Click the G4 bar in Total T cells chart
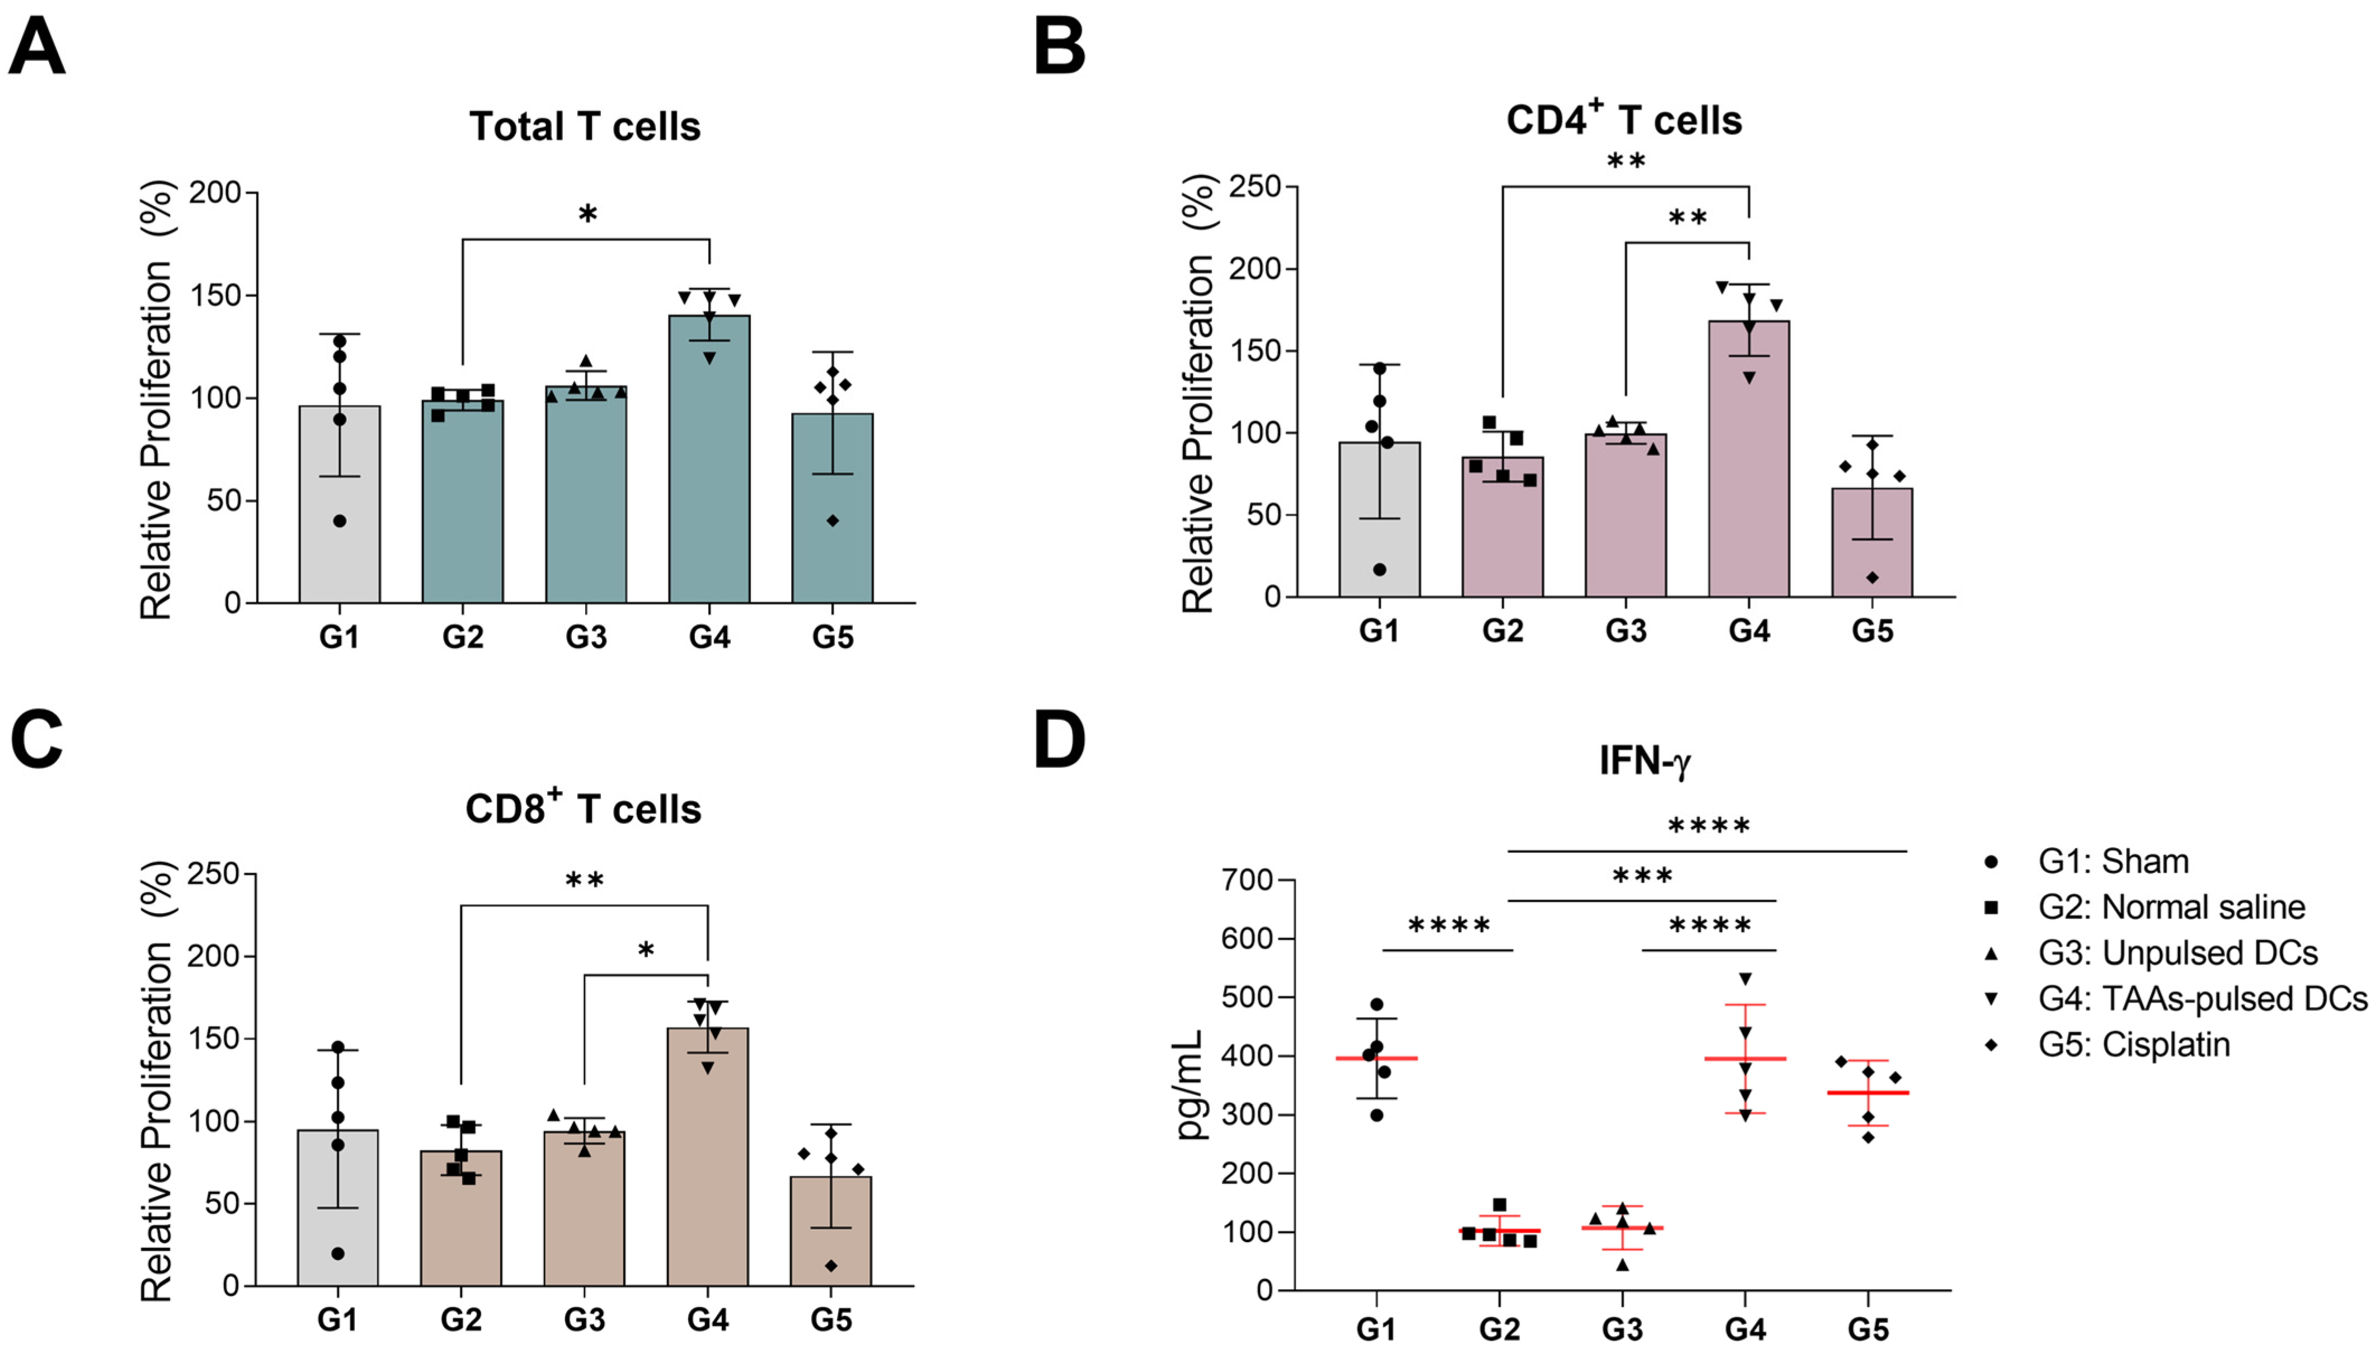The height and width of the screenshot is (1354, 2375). (709, 465)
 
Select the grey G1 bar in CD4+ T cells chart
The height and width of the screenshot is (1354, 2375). (1379, 521)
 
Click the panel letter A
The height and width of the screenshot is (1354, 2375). (36, 48)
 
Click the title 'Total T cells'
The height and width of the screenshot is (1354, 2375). (584, 126)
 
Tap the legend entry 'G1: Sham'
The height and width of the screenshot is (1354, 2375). (2113, 861)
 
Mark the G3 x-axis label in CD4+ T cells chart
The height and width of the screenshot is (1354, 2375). (1625, 632)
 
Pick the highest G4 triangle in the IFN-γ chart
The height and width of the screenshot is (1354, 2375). (1746, 979)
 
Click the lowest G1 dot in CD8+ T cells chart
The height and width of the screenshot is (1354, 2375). (337, 1253)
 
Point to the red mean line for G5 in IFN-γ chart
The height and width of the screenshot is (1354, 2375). (1868, 1093)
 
